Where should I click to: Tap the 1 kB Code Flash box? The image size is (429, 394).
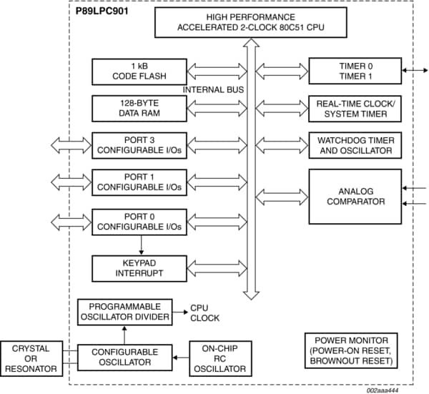(139, 72)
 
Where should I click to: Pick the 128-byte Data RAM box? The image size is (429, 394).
(139, 108)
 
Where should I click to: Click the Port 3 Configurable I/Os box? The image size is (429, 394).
(139, 145)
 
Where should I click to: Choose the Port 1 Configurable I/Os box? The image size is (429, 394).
(139, 182)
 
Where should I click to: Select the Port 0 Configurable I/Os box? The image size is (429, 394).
(139, 220)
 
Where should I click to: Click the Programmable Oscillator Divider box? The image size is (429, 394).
(124, 311)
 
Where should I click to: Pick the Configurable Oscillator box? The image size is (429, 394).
(124, 357)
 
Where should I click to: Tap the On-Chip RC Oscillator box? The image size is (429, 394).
(220, 358)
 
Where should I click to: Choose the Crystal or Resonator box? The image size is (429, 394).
(31, 358)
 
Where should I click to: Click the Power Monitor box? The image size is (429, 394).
(350, 351)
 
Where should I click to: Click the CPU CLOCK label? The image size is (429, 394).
(204, 313)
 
